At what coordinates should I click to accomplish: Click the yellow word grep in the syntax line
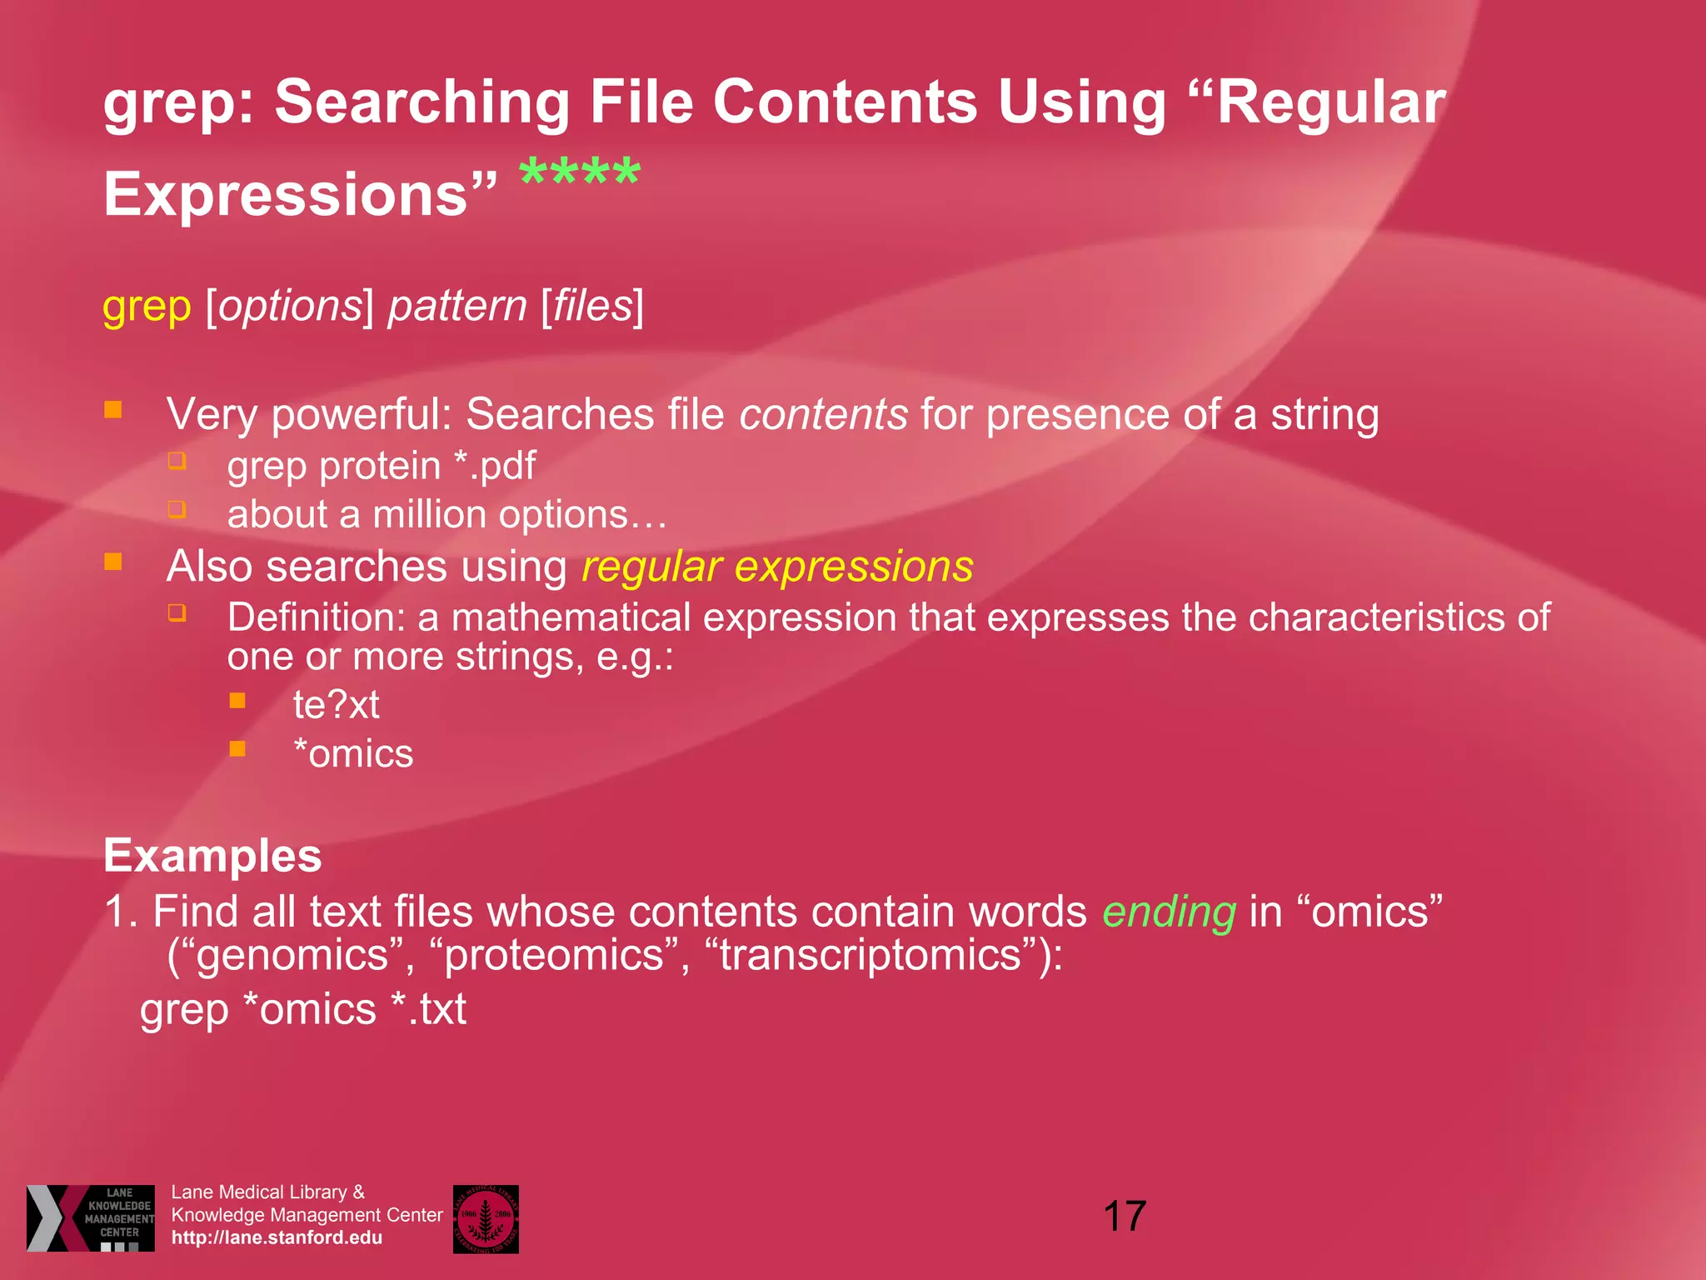(x=147, y=306)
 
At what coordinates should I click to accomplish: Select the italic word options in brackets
(x=291, y=306)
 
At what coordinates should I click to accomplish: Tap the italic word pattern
(x=457, y=306)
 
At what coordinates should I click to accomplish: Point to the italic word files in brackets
(x=592, y=306)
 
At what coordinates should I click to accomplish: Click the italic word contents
(x=823, y=414)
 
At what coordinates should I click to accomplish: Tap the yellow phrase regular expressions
(x=777, y=567)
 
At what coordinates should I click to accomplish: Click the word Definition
(x=316, y=617)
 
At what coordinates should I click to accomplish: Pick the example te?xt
(x=336, y=705)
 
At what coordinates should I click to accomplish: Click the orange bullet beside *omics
(x=237, y=749)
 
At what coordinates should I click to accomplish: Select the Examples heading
(x=212, y=856)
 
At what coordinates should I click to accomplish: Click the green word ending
(x=1169, y=912)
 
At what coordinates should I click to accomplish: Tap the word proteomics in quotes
(x=553, y=955)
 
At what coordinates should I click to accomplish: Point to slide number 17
(x=1125, y=1216)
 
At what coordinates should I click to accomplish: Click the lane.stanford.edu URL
(x=277, y=1237)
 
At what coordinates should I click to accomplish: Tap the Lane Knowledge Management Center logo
(x=90, y=1217)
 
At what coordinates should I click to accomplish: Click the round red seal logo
(x=486, y=1218)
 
